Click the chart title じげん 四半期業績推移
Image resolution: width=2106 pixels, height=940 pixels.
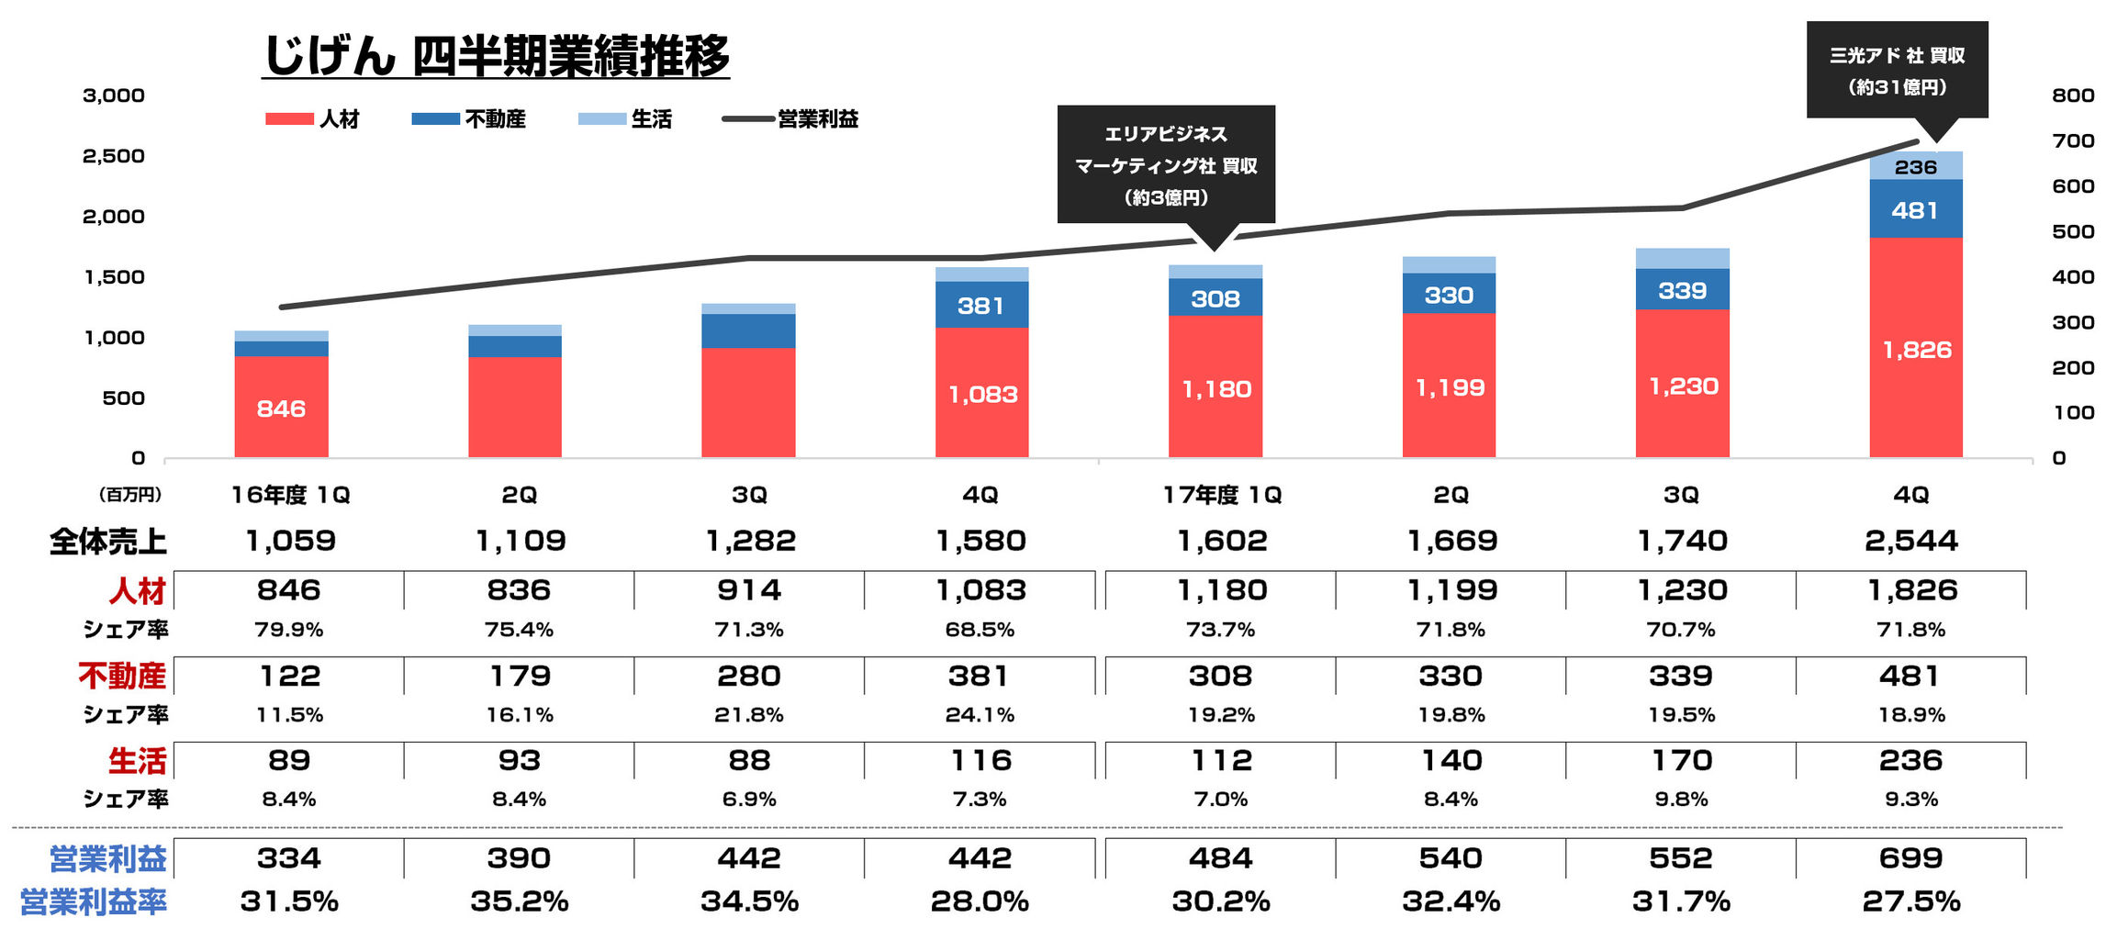coord(496,56)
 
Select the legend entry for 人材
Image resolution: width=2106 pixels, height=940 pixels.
coord(313,119)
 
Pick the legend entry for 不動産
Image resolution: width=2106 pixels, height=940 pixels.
coord(468,119)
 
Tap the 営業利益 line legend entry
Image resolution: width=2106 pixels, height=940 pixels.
coord(790,119)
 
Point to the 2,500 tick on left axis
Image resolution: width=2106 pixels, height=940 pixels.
coord(114,156)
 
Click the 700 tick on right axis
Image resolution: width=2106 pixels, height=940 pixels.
coord(2073,141)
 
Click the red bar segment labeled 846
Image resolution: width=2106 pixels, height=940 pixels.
coord(281,408)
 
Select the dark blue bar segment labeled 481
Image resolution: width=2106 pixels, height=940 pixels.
coord(1915,210)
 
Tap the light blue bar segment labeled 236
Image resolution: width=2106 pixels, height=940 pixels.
coord(1916,166)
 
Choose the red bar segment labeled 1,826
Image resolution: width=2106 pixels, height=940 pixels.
coord(1916,349)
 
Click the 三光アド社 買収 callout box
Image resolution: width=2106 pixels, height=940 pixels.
coord(1897,71)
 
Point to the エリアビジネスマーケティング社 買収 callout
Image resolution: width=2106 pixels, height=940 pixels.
coord(1166,165)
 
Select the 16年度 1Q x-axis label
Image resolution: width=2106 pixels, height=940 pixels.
coord(290,496)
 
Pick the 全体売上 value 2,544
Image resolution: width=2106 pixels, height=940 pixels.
coord(1911,541)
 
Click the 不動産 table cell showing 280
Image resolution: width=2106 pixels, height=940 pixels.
coord(749,677)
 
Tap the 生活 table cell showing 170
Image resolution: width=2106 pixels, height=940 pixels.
coord(1681,761)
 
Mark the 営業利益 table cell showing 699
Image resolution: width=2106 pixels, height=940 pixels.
coord(1911,858)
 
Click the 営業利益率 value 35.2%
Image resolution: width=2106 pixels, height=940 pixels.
coord(520,901)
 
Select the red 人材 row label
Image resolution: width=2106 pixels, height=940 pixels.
coord(137,591)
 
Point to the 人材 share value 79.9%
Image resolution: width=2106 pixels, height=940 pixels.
coord(289,631)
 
